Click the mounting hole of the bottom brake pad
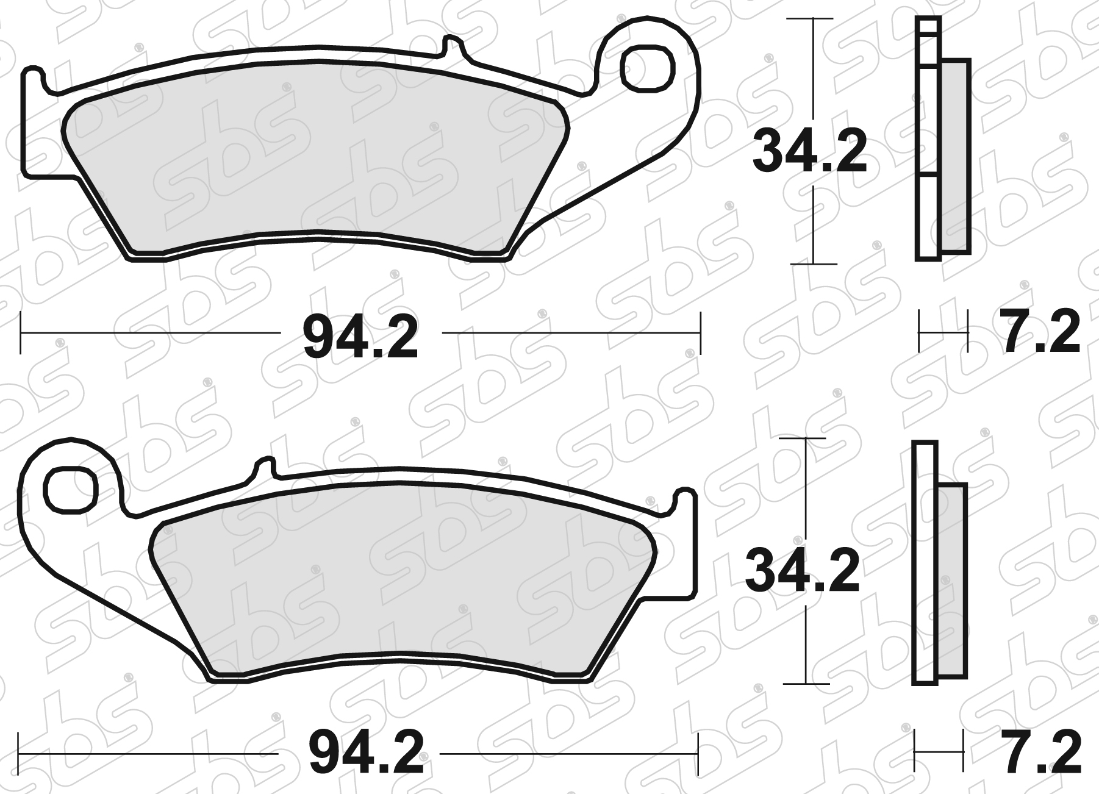(72, 490)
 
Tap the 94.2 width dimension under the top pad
(360, 337)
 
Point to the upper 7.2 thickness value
(1040, 333)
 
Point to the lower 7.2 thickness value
(1042, 753)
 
